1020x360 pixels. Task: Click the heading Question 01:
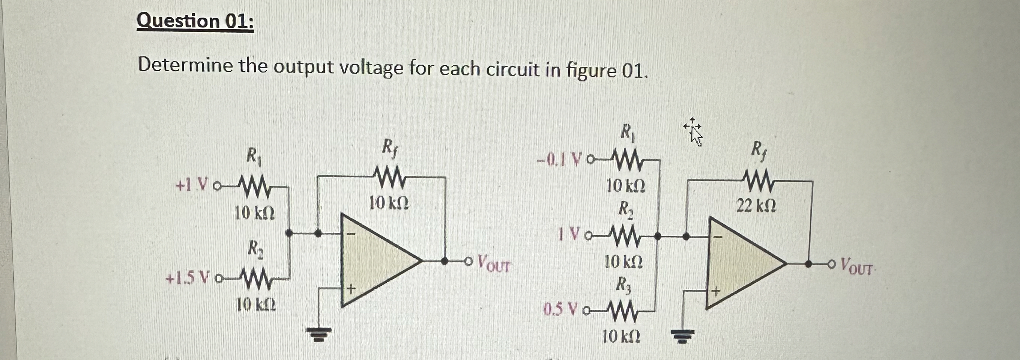pyautogui.click(x=195, y=21)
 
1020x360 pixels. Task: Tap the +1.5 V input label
pyautogui.click(x=186, y=280)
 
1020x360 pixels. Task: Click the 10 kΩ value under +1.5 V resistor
pyautogui.click(x=256, y=304)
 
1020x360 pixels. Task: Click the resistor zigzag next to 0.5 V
pyautogui.click(x=621, y=310)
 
